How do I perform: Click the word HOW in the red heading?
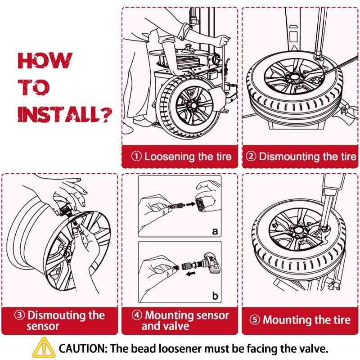pyautogui.click(x=45, y=61)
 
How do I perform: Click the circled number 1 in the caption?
pyautogui.click(x=136, y=157)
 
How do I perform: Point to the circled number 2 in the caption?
pyautogui.click(x=251, y=157)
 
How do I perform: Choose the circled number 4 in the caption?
pyautogui.click(x=137, y=315)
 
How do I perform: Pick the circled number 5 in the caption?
pyautogui.click(x=255, y=320)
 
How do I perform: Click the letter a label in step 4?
pyautogui.click(x=215, y=231)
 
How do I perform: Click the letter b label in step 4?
pyautogui.click(x=215, y=296)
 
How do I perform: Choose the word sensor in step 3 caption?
pyautogui.click(x=42, y=326)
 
